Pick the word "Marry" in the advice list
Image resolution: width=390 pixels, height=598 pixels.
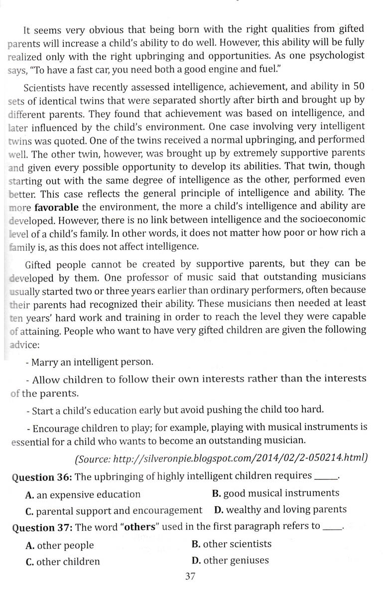coord(47,362)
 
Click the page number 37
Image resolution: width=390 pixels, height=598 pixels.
coord(190,577)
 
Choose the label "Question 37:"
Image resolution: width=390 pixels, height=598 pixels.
coord(42,527)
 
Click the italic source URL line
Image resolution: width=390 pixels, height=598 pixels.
coord(221,457)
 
